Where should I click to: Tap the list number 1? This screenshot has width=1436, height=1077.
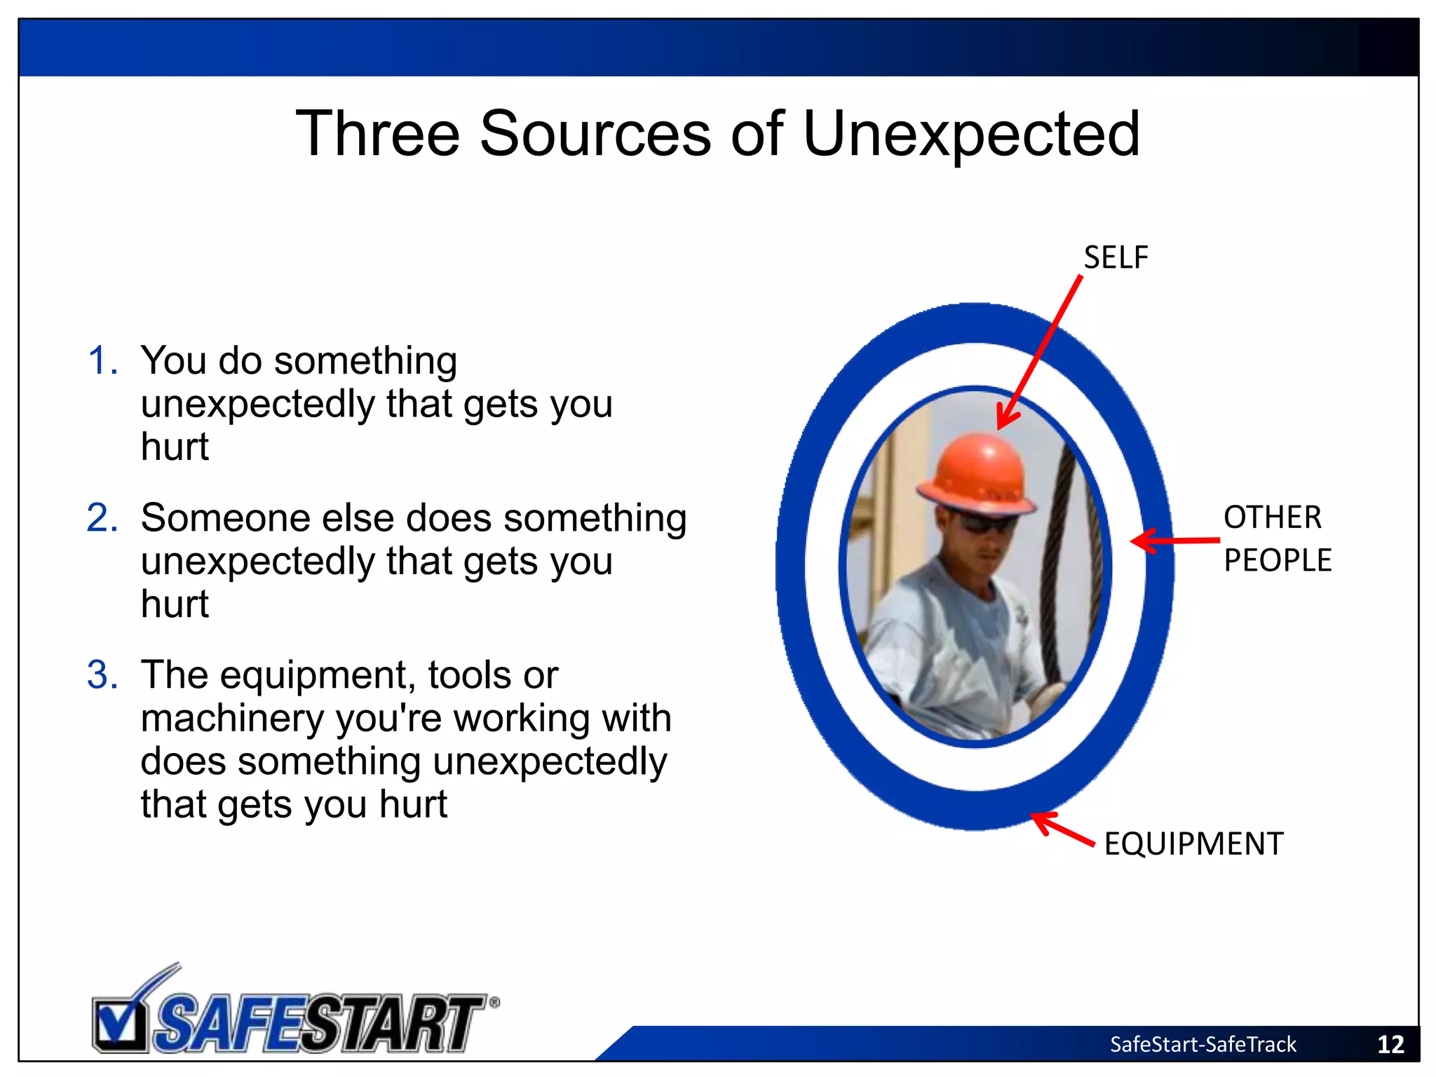coord(102,361)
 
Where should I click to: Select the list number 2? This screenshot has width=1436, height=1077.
coord(102,519)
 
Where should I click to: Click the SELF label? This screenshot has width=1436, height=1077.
coord(1116,258)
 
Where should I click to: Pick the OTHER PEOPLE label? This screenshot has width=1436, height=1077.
coord(1277,538)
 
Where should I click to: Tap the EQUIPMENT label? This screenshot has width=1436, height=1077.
coord(1193,844)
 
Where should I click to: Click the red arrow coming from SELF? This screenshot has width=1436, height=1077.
coord(1041,351)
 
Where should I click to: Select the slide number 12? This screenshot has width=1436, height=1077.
coord(1390,1045)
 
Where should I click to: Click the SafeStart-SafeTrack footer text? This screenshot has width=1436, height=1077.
coord(1203,1045)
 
